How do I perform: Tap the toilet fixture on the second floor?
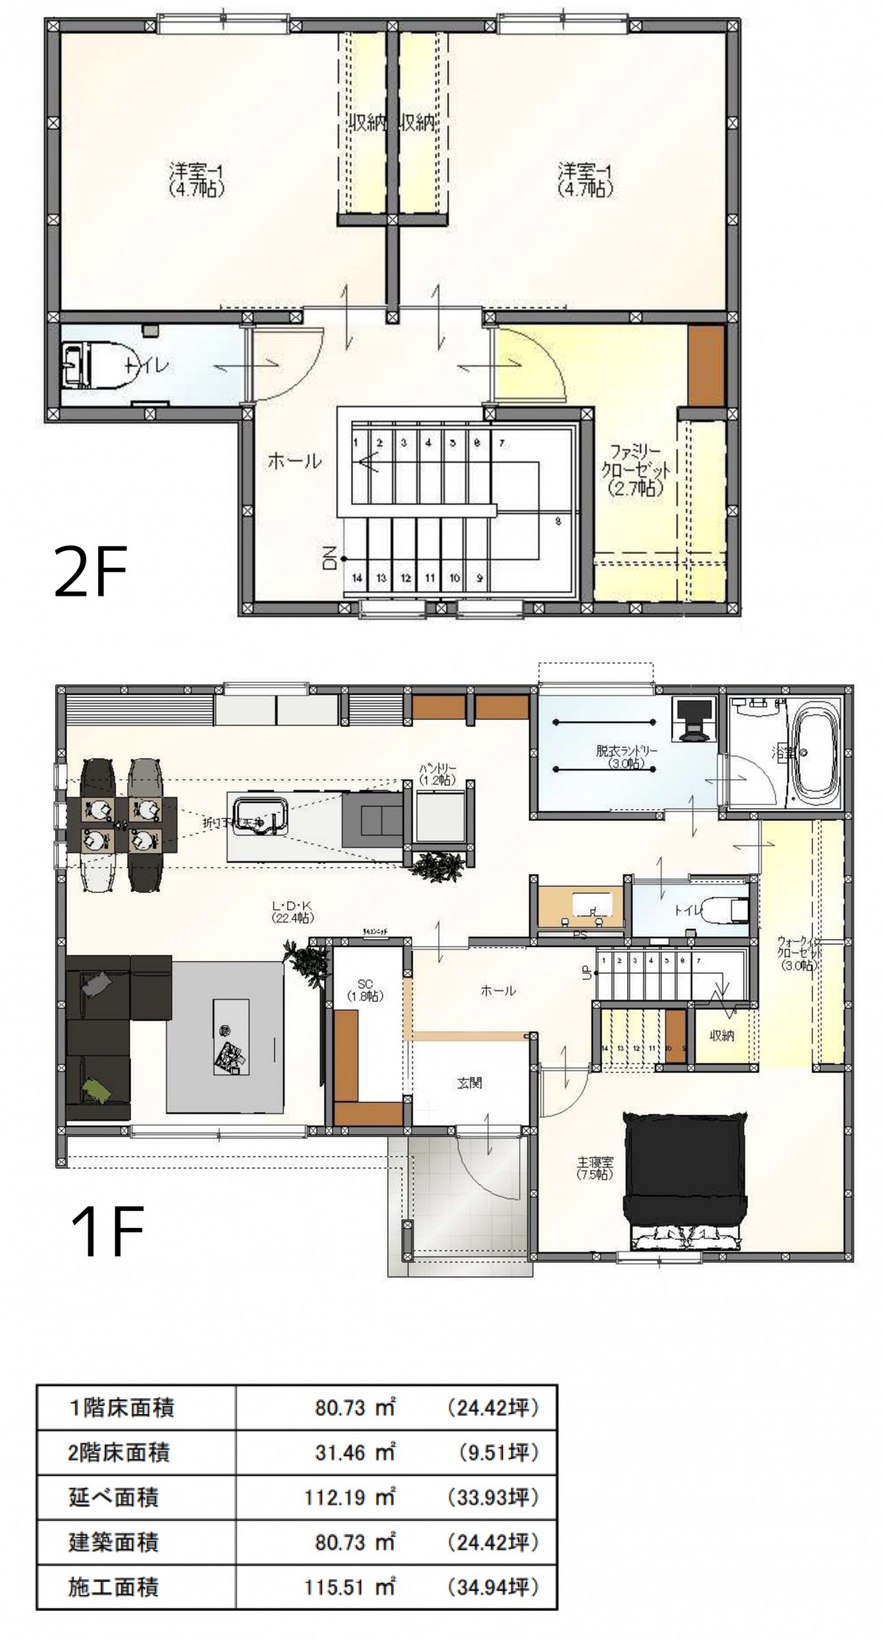[92, 365]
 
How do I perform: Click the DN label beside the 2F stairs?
[329, 558]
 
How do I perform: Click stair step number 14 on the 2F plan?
[357, 579]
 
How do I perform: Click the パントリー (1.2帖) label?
[438, 773]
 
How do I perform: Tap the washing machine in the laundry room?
[695, 719]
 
